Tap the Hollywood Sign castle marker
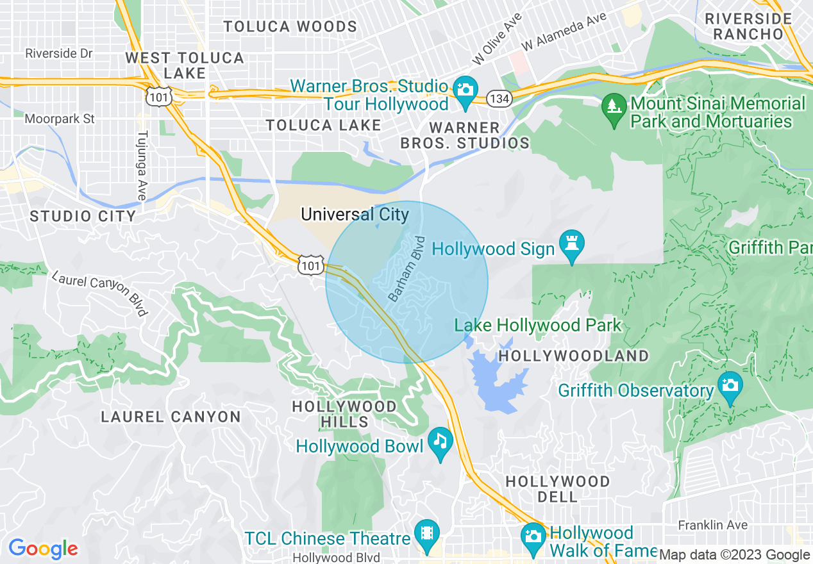tap(571, 243)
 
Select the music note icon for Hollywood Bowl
tap(440, 440)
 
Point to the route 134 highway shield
tap(498, 99)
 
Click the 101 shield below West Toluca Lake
tap(157, 96)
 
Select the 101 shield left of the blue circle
tap(310, 265)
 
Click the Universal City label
tap(355, 214)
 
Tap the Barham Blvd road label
tap(407, 269)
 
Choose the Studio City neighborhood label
tap(83, 216)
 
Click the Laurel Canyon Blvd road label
tap(99, 294)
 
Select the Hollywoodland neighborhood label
tap(573, 356)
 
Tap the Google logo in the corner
tap(43, 549)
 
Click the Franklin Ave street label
tap(712, 525)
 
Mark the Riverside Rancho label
tap(748, 26)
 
